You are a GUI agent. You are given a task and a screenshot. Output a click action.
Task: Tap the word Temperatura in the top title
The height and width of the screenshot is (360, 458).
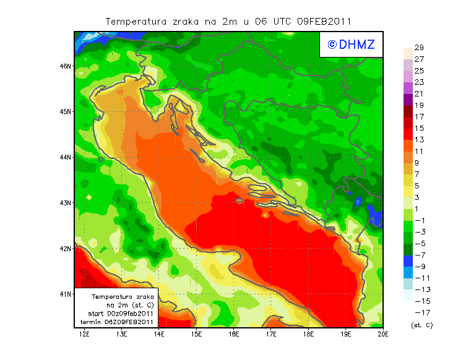click(137, 21)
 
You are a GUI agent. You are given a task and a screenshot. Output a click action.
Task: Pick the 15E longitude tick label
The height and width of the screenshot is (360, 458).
click(197, 334)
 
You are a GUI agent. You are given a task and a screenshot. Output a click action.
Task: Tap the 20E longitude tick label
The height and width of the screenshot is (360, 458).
click(383, 334)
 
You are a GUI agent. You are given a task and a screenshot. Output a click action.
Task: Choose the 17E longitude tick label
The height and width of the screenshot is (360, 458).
click(271, 334)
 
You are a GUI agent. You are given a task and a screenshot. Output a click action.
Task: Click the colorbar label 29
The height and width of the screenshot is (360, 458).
click(419, 48)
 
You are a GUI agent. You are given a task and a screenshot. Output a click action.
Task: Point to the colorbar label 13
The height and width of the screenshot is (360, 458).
click(419, 140)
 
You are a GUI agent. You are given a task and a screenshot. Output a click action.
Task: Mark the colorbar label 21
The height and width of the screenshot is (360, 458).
click(419, 94)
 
